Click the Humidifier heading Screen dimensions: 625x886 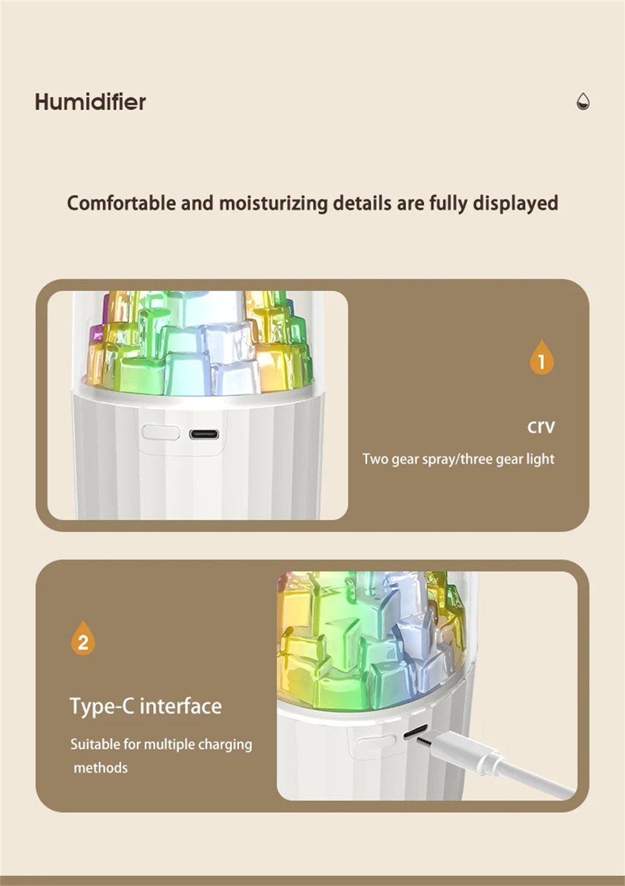[90, 102]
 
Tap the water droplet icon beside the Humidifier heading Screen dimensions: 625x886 [582, 101]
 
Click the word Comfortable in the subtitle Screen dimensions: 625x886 [121, 203]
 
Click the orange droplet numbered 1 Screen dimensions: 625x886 [541, 357]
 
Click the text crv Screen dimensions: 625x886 [541, 426]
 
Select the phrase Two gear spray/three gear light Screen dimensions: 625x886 [459, 459]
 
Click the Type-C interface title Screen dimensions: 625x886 [146, 706]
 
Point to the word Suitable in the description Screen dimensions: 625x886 [96, 744]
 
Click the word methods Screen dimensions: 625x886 [101, 768]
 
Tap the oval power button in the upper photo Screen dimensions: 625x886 [161, 433]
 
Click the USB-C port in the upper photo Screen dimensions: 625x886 [204, 434]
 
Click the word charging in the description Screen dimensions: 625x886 [224, 745]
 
